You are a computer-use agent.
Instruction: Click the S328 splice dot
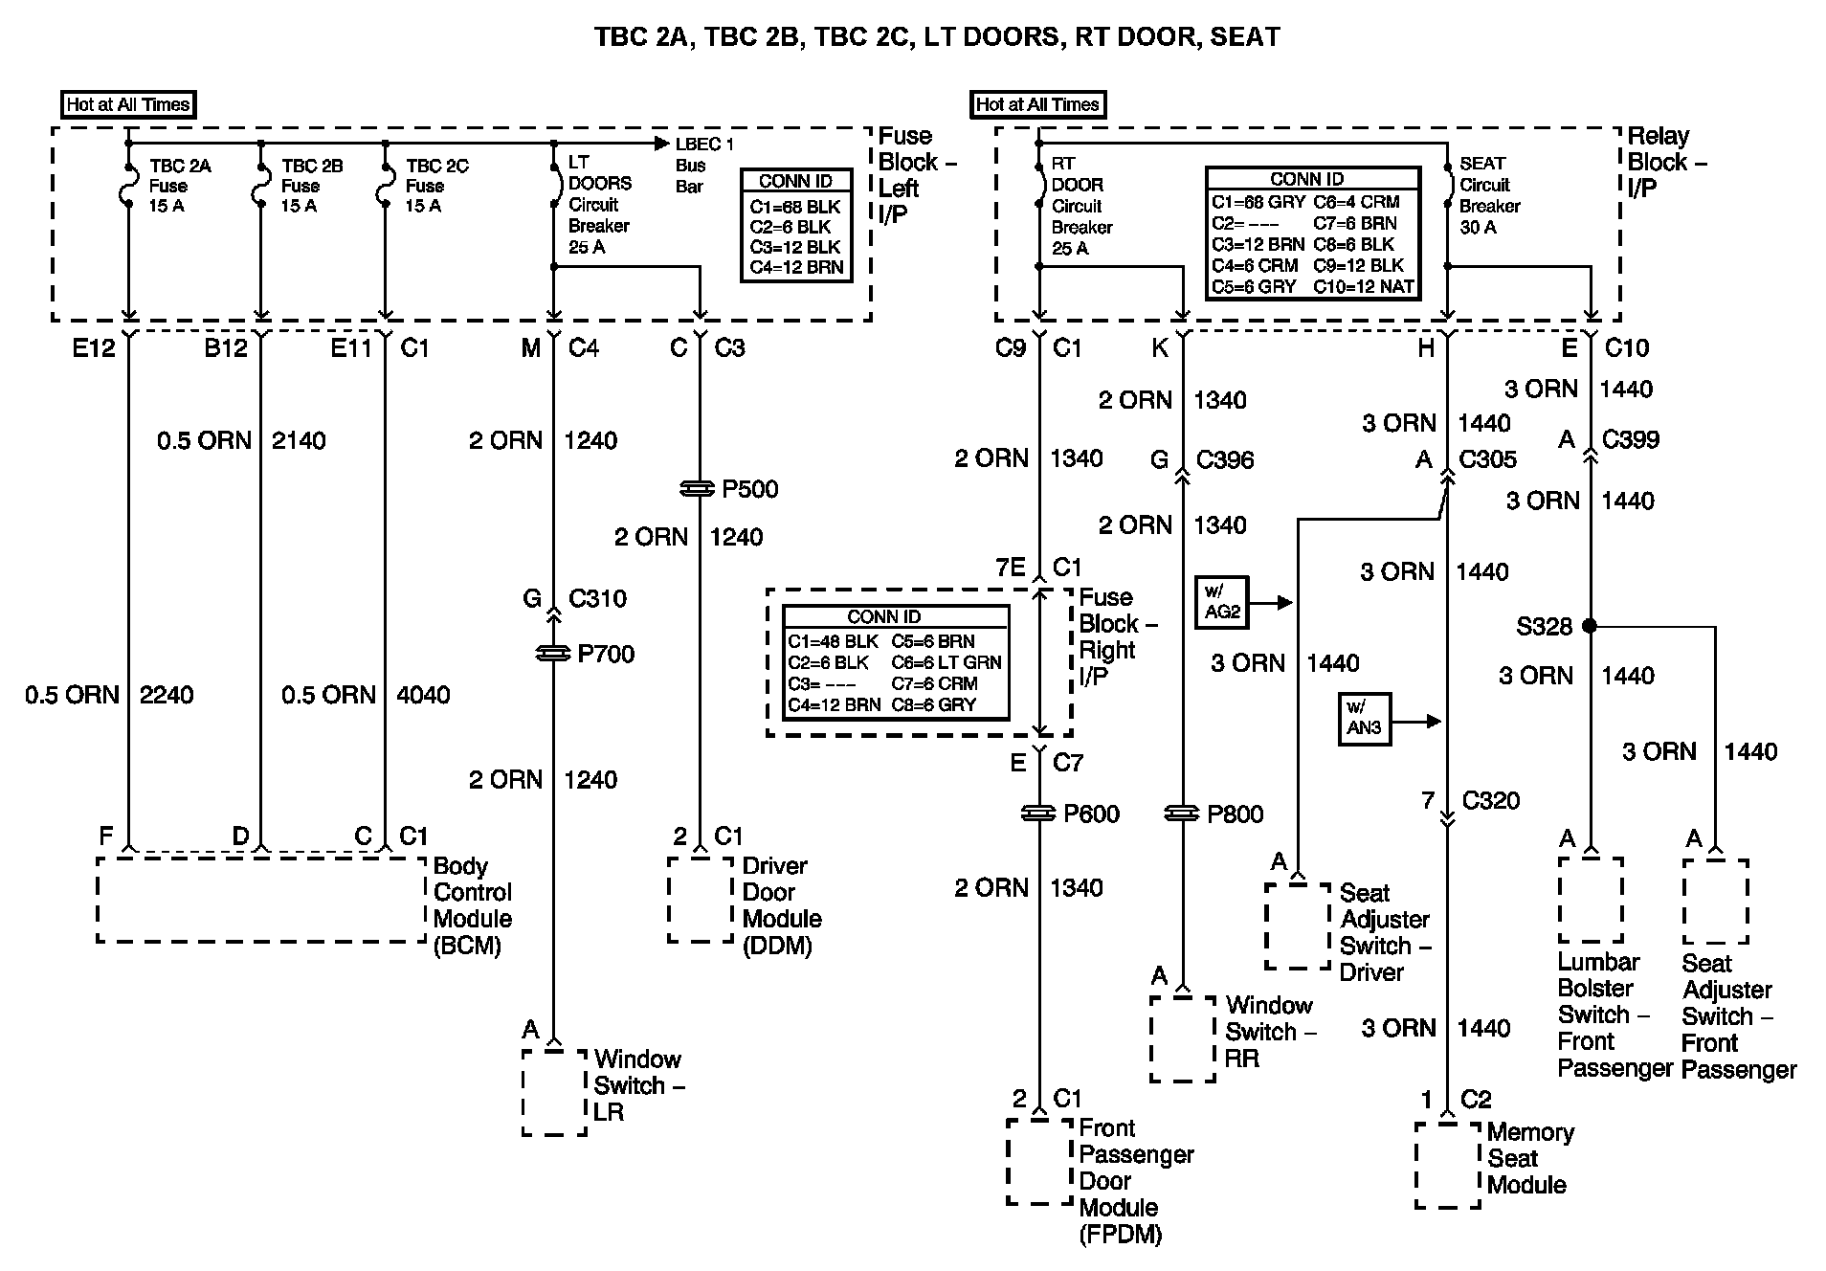click(1590, 626)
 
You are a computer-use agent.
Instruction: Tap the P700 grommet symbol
click(553, 654)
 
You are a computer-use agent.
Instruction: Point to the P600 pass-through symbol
click(1039, 814)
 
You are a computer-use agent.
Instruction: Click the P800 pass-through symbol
click(1183, 814)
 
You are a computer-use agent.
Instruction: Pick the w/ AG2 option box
click(1222, 603)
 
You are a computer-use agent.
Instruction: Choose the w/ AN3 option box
click(1364, 720)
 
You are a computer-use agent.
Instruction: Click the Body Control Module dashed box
click(260, 900)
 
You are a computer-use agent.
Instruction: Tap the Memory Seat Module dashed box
click(1448, 1165)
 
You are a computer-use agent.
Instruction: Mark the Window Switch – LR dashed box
click(554, 1092)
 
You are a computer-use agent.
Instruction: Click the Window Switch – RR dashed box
click(1182, 1039)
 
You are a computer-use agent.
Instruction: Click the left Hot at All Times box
click(128, 104)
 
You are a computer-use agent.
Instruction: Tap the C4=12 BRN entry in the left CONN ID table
click(796, 268)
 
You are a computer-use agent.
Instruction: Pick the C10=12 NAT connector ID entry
click(1363, 286)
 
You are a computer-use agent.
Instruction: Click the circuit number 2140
click(299, 440)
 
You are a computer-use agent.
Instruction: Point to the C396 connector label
click(1225, 460)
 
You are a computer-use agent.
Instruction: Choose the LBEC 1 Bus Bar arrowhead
click(661, 144)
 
